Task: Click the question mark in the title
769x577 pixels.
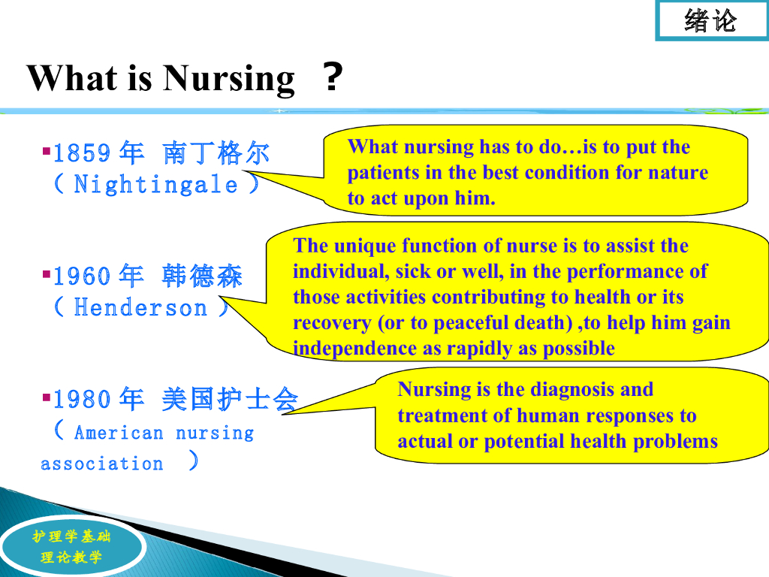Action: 333,77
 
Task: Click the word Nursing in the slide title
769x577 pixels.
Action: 228,79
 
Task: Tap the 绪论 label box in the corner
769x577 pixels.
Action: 712,20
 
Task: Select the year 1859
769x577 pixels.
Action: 81,153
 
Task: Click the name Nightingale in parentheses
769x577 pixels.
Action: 156,185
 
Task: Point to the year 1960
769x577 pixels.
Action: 81,276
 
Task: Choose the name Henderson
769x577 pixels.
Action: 140,308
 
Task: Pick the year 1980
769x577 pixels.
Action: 81,399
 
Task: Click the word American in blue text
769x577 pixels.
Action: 119,433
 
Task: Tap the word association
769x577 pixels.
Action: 101,464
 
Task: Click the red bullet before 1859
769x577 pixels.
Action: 47,150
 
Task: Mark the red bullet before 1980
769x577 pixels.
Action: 47,397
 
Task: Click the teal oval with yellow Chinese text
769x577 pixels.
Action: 72,547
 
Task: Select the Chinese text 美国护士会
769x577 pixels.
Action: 230,399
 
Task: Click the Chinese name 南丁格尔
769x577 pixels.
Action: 216,153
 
